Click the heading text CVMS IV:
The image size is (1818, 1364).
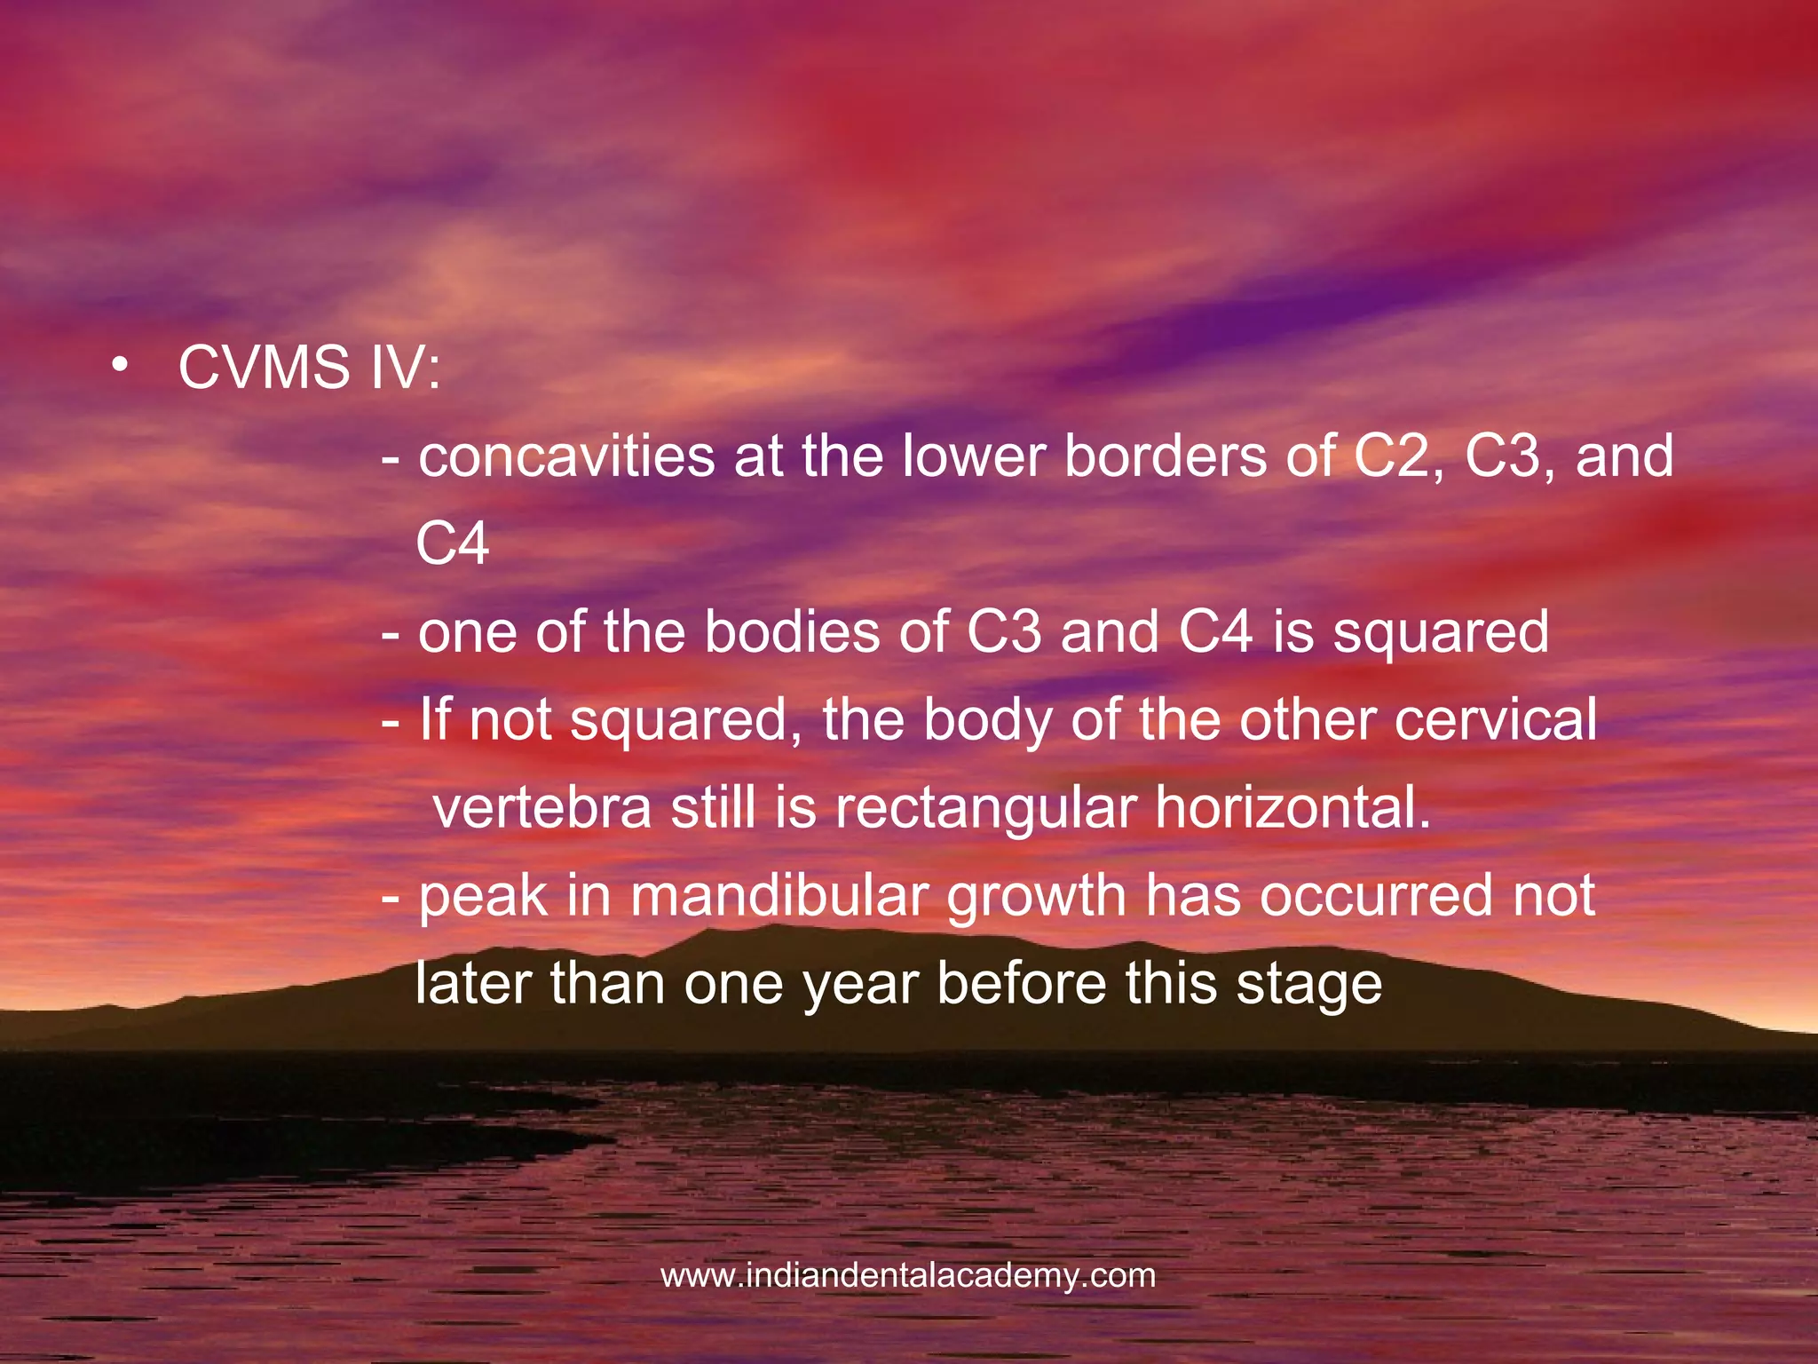pyautogui.click(x=309, y=368)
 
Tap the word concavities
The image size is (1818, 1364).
pyautogui.click(x=566, y=456)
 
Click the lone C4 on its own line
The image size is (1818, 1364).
pyautogui.click(x=452, y=544)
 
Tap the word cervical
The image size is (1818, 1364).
pyautogui.click(x=1496, y=719)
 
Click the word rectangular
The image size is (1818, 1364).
pyautogui.click(x=985, y=810)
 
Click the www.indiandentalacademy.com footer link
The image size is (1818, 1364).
pyautogui.click(x=908, y=1276)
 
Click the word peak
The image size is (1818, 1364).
pyautogui.click(x=483, y=897)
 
